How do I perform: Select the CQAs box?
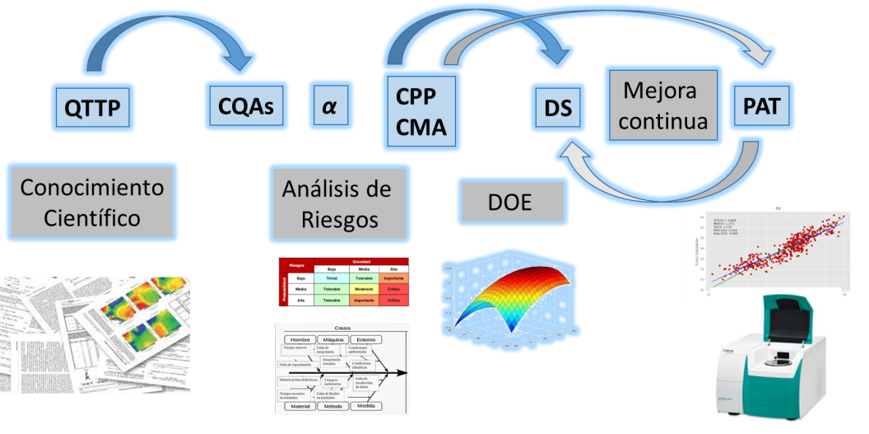click(x=245, y=107)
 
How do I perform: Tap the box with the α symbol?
click(x=329, y=107)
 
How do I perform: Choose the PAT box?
click(x=760, y=107)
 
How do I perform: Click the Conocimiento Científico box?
click(x=91, y=203)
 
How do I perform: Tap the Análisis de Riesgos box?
click(x=337, y=203)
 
